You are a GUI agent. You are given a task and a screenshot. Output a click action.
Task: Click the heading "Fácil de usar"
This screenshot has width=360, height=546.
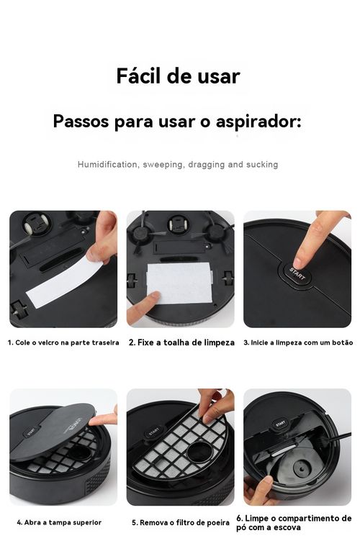pos(178,76)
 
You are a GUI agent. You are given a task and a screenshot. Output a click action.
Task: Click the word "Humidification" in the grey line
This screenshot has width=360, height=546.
pos(107,165)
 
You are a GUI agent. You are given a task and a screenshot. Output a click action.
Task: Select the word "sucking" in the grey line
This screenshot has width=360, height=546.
pos(262,165)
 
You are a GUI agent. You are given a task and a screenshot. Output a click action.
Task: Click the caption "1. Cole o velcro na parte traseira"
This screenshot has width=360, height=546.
pos(63,342)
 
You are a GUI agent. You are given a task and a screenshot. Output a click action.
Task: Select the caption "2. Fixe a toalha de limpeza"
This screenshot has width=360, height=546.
pos(181,342)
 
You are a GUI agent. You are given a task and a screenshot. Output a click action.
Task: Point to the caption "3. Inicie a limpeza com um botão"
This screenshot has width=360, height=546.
pos(298,342)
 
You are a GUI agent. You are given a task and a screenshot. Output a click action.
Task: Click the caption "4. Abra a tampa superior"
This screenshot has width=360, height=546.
pos(59,522)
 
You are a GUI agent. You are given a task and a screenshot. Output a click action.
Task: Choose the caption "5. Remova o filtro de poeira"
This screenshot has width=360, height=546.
pos(181,522)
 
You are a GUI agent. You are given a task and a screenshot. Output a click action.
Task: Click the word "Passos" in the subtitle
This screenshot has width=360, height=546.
pos(81,121)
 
